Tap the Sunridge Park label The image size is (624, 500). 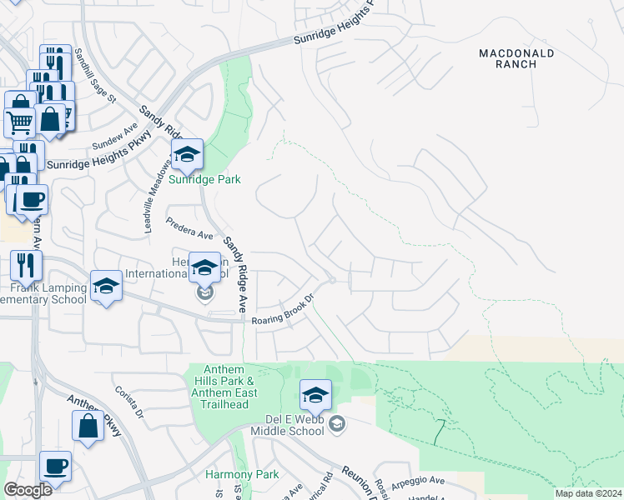(205, 179)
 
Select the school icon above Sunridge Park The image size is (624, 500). (188, 154)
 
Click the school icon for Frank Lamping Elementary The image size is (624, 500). (106, 287)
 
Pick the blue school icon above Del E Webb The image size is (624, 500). (316, 394)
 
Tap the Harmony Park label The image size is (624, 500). (230, 474)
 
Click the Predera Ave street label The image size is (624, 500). (190, 229)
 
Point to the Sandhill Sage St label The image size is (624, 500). (93, 76)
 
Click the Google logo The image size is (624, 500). (28, 490)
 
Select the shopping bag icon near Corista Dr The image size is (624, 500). (88, 425)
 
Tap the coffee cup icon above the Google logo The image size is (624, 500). (55, 466)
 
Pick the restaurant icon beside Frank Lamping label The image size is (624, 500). (26, 265)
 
